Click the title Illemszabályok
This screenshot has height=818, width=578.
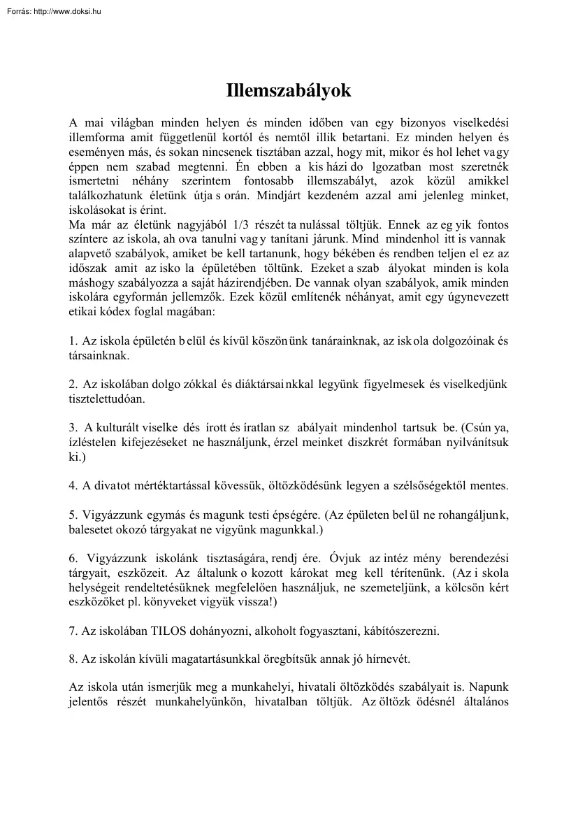point(289,91)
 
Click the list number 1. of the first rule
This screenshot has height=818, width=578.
point(73,341)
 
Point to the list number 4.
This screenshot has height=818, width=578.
point(73,485)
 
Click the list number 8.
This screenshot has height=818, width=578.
point(73,659)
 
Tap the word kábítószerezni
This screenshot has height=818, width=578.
point(401,631)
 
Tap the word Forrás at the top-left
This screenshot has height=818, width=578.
point(15,11)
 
